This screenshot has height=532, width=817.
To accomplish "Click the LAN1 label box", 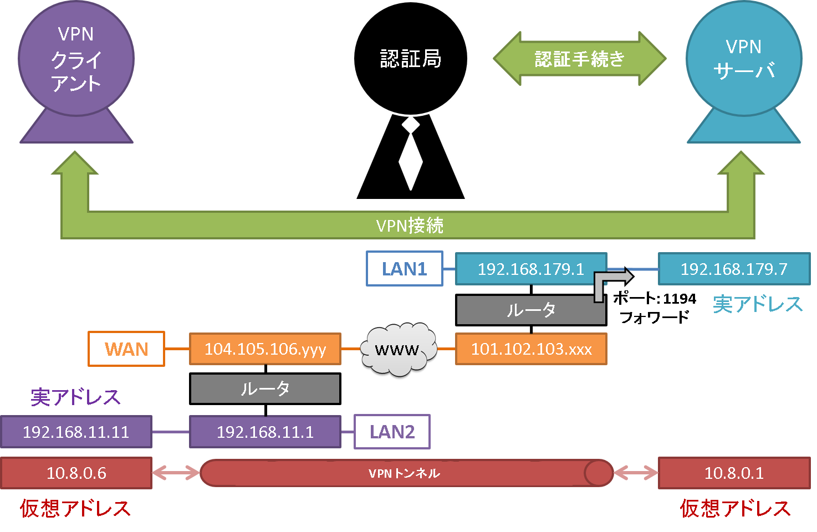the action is [x=405, y=268].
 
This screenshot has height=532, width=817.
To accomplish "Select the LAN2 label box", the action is [x=392, y=432].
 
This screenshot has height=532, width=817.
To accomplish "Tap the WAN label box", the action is [x=126, y=349].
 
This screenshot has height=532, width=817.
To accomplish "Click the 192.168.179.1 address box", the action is [x=531, y=269].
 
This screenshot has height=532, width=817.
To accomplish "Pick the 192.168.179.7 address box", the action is [x=734, y=269].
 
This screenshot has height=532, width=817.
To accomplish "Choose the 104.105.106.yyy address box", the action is [x=265, y=349].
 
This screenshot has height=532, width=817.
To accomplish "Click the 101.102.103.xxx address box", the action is [x=531, y=349].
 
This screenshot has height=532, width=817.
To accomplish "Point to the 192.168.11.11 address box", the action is [x=76, y=432].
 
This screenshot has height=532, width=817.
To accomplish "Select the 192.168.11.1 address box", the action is [x=265, y=432].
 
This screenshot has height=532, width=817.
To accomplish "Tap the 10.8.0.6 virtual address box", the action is [x=76, y=473].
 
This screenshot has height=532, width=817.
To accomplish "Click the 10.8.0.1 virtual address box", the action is [x=734, y=473].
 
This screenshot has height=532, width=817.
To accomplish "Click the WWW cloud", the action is [x=399, y=349].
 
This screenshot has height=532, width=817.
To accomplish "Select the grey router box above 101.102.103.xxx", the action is [x=531, y=310].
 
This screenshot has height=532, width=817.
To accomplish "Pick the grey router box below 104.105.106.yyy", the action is [x=265, y=388].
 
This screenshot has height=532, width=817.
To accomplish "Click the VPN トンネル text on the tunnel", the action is [x=404, y=473].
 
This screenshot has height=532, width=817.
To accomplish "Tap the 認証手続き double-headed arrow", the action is [x=580, y=58].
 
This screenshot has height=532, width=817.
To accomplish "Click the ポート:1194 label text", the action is [x=655, y=298].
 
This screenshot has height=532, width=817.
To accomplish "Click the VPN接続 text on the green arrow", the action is [x=410, y=226].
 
